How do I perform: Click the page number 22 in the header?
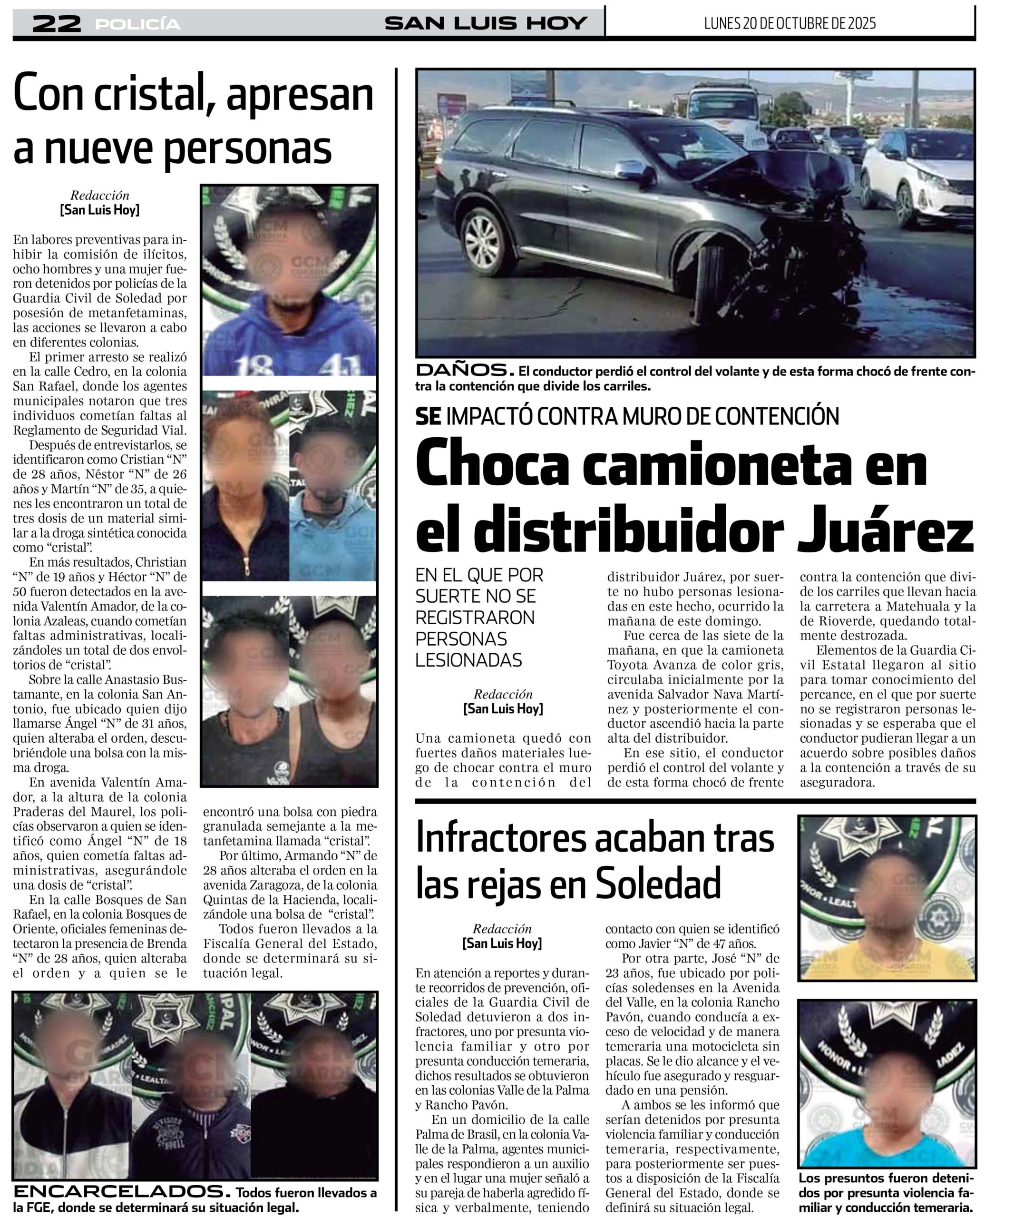56,23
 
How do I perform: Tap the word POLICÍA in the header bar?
138,24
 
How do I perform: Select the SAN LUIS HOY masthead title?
486,23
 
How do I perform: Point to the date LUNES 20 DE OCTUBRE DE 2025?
790,23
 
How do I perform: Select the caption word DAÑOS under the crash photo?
464,370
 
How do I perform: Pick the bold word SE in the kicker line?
428,416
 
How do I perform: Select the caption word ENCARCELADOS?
118,1192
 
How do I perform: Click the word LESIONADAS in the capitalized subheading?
468,660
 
